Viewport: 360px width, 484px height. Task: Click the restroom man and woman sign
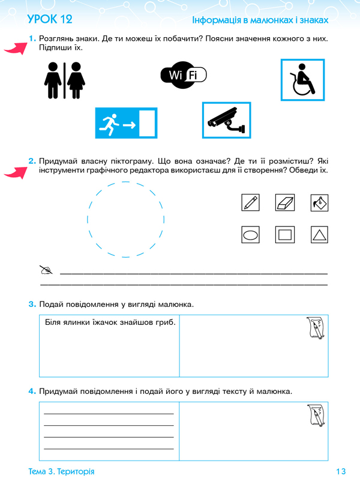62,79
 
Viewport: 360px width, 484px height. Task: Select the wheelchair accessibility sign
302,79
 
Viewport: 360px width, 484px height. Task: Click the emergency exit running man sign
125,124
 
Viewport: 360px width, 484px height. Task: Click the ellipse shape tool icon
250,234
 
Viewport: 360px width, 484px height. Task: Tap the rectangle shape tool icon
285,234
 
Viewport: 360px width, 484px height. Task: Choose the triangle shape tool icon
320,234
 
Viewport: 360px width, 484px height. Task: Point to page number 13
342,471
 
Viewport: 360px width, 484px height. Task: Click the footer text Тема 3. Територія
61,471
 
